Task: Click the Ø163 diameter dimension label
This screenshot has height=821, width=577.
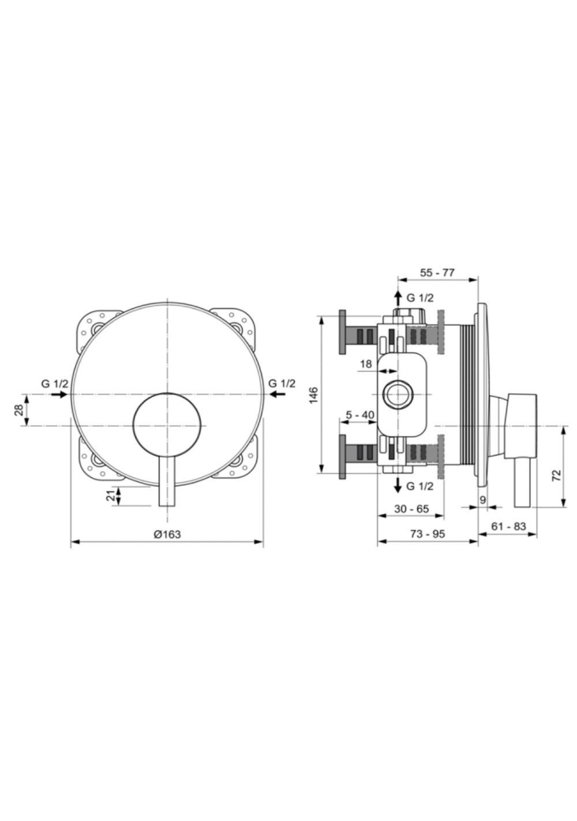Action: pyautogui.click(x=167, y=534)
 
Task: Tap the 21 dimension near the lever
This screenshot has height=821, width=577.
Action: pyautogui.click(x=110, y=496)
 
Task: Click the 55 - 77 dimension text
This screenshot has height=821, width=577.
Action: pyautogui.click(x=438, y=272)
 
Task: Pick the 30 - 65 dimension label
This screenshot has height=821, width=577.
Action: pyautogui.click(x=411, y=508)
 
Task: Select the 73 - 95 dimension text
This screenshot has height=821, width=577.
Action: pyautogui.click(x=427, y=534)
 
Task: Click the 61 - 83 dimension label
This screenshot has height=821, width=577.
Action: pyautogui.click(x=509, y=526)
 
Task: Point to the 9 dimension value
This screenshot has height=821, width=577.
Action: pyautogui.click(x=483, y=499)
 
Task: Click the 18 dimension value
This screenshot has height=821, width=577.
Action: pyautogui.click(x=366, y=363)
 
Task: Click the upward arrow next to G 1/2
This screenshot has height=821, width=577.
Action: pyautogui.click(x=398, y=298)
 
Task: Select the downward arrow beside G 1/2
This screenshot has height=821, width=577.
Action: pyautogui.click(x=398, y=484)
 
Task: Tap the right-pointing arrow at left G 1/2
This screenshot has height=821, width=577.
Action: pyautogui.click(x=59, y=394)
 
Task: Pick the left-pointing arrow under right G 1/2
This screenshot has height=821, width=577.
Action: pyautogui.click(x=276, y=394)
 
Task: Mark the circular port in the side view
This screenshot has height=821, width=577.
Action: pyautogui.click(x=398, y=394)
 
